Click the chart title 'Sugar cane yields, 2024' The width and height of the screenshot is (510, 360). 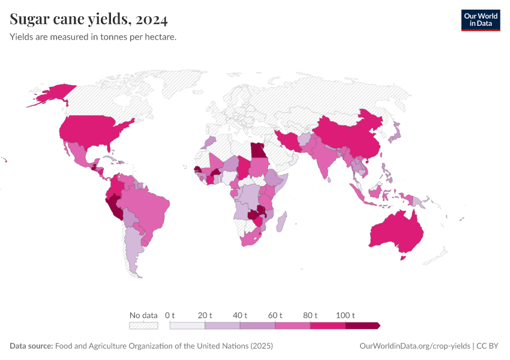[x=89, y=20]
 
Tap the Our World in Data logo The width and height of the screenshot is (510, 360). [x=480, y=20]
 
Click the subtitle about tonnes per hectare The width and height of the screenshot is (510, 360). [x=93, y=37]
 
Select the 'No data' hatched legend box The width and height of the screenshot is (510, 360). [x=143, y=326]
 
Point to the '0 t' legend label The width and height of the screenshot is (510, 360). [x=170, y=315]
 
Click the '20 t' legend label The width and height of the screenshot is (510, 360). [x=205, y=315]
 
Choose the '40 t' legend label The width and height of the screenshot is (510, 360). [x=240, y=315]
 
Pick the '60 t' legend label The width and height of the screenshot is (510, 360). [x=275, y=315]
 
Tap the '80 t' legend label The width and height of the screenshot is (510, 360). [x=310, y=315]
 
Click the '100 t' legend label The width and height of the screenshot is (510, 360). [x=346, y=315]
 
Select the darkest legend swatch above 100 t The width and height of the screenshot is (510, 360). [x=362, y=326]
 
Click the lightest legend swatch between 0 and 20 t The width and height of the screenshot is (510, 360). [x=187, y=326]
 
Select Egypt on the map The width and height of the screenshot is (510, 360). [x=258, y=150]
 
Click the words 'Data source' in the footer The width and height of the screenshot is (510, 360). [x=31, y=346]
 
